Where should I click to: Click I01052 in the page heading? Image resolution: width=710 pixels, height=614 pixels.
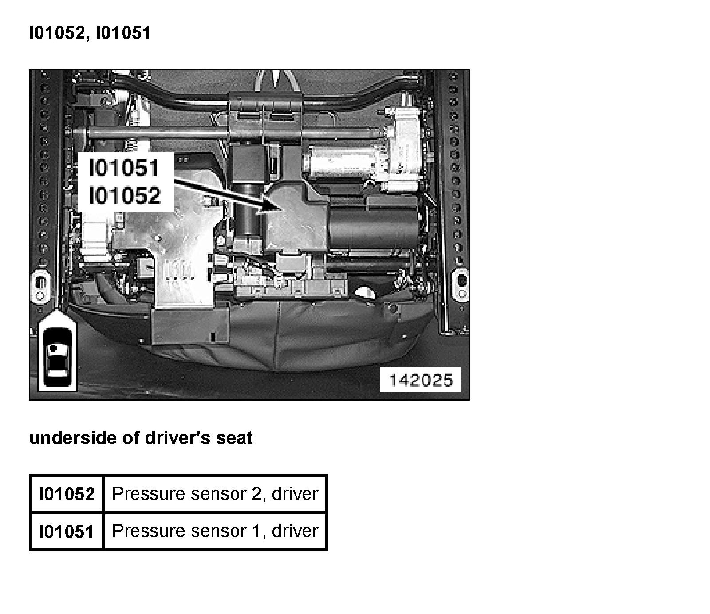click(x=56, y=33)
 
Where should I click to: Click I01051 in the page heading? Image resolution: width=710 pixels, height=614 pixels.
click(x=123, y=33)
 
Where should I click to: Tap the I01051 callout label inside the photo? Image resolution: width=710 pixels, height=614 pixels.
click(x=124, y=169)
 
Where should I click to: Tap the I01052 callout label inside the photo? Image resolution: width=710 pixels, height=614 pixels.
click(x=125, y=196)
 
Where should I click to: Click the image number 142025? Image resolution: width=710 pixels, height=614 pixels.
click(x=421, y=380)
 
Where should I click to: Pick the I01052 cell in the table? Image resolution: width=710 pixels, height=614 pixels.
click(x=67, y=494)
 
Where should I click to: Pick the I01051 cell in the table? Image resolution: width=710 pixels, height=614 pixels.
click(x=67, y=531)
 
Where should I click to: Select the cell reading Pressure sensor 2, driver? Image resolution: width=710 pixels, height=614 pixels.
click(x=215, y=494)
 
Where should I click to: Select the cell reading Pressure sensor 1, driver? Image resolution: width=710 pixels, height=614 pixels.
click(x=215, y=531)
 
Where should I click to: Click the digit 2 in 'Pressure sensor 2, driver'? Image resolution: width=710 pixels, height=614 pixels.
click(x=256, y=494)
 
